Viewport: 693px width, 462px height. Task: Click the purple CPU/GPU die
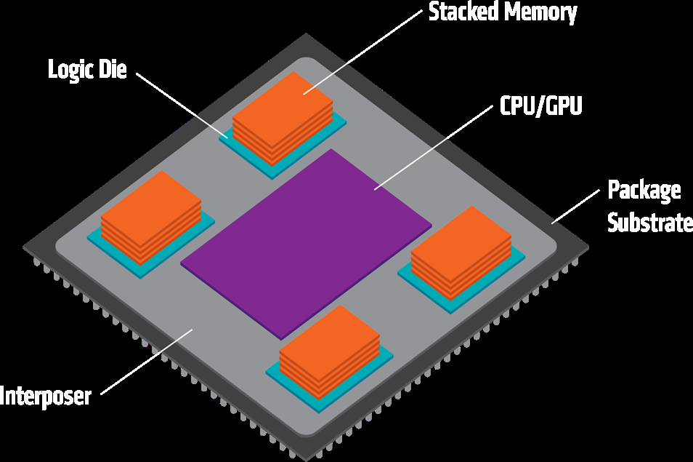(x=305, y=240)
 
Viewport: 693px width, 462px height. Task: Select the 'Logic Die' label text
(x=87, y=71)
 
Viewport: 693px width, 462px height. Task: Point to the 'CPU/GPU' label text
(x=542, y=107)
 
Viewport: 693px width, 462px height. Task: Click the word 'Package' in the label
(x=644, y=191)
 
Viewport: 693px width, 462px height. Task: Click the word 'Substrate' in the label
(x=649, y=222)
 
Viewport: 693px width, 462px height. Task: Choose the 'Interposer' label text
(x=45, y=397)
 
